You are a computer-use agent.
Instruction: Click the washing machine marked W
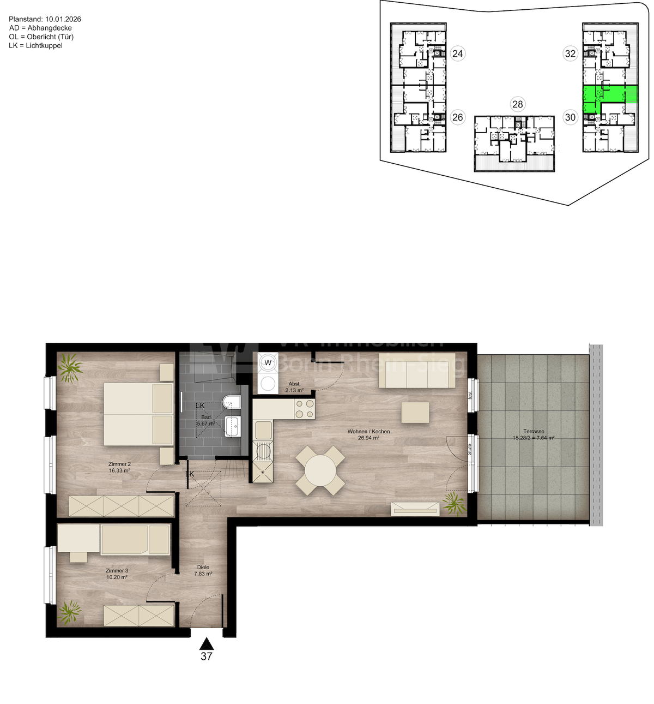(268, 362)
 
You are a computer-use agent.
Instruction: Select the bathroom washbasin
(233, 426)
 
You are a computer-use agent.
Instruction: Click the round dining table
(320, 470)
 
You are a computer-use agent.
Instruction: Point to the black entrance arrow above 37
(206, 643)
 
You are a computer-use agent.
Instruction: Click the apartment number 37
(206, 657)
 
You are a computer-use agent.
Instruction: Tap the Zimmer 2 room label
(119, 467)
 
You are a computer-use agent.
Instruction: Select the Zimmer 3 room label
(117, 574)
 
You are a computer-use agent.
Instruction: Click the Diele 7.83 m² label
(203, 570)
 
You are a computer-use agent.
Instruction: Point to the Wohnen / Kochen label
(368, 434)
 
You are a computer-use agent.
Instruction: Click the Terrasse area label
(534, 434)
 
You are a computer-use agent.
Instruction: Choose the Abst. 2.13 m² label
(294, 387)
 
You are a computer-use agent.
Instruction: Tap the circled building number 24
(458, 53)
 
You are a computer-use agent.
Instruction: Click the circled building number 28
(517, 104)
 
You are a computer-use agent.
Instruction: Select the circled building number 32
(570, 53)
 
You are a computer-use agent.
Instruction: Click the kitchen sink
(263, 430)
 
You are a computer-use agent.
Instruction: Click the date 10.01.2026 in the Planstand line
(63, 19)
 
